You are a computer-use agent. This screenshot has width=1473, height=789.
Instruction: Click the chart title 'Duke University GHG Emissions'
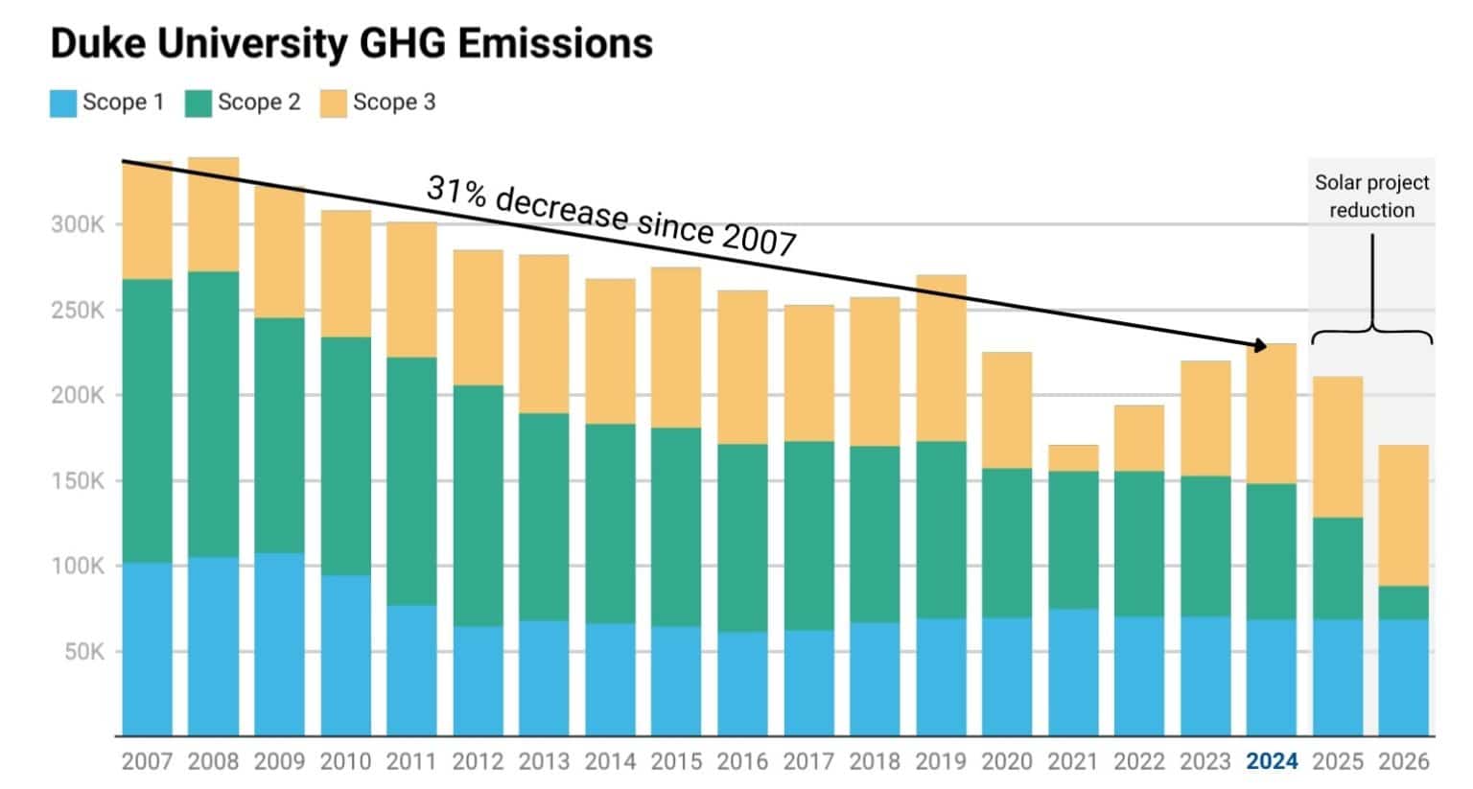tap(351, 43)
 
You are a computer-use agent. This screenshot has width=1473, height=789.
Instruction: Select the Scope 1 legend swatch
tap(63, 103)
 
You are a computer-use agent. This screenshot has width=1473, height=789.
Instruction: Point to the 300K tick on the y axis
tap(78, 225)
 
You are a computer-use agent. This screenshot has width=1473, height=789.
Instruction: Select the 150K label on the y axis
tap(78, 481)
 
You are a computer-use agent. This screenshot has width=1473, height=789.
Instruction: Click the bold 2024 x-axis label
tap(1271, 761)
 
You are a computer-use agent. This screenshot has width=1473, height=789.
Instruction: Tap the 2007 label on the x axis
tap(147, 761)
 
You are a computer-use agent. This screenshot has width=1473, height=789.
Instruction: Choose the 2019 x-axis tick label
tap(941, 761)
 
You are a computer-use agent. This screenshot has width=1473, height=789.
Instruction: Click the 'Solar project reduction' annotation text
tap(1371, 197)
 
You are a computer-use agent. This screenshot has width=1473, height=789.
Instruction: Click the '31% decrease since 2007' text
tap(611, 217)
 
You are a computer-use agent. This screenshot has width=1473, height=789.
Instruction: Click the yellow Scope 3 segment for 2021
tap(1073, 458)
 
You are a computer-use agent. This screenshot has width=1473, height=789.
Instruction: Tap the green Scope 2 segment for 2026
tap(1403, 603)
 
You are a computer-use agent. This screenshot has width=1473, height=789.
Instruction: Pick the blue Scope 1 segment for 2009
tap(279, 644)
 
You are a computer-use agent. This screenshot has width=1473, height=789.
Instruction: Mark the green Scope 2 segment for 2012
tap(478, 506)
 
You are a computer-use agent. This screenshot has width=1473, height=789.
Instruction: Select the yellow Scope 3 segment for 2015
tap(676, 347)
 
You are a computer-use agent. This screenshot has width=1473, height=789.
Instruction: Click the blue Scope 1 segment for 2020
tap(1007, 677)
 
